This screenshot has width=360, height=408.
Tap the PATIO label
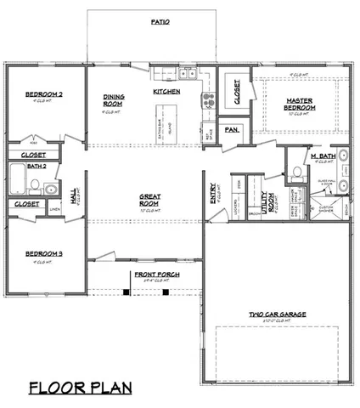158,22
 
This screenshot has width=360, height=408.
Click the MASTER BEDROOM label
301,104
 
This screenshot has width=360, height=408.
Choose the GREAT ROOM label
150,200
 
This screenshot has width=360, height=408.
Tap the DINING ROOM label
115,100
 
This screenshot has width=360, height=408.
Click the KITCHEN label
165,91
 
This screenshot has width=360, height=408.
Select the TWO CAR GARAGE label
278,314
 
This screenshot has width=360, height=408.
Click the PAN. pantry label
230,130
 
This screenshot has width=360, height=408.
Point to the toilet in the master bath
296,173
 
